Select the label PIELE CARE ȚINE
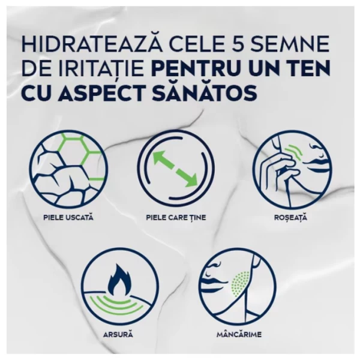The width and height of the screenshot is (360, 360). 176,217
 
